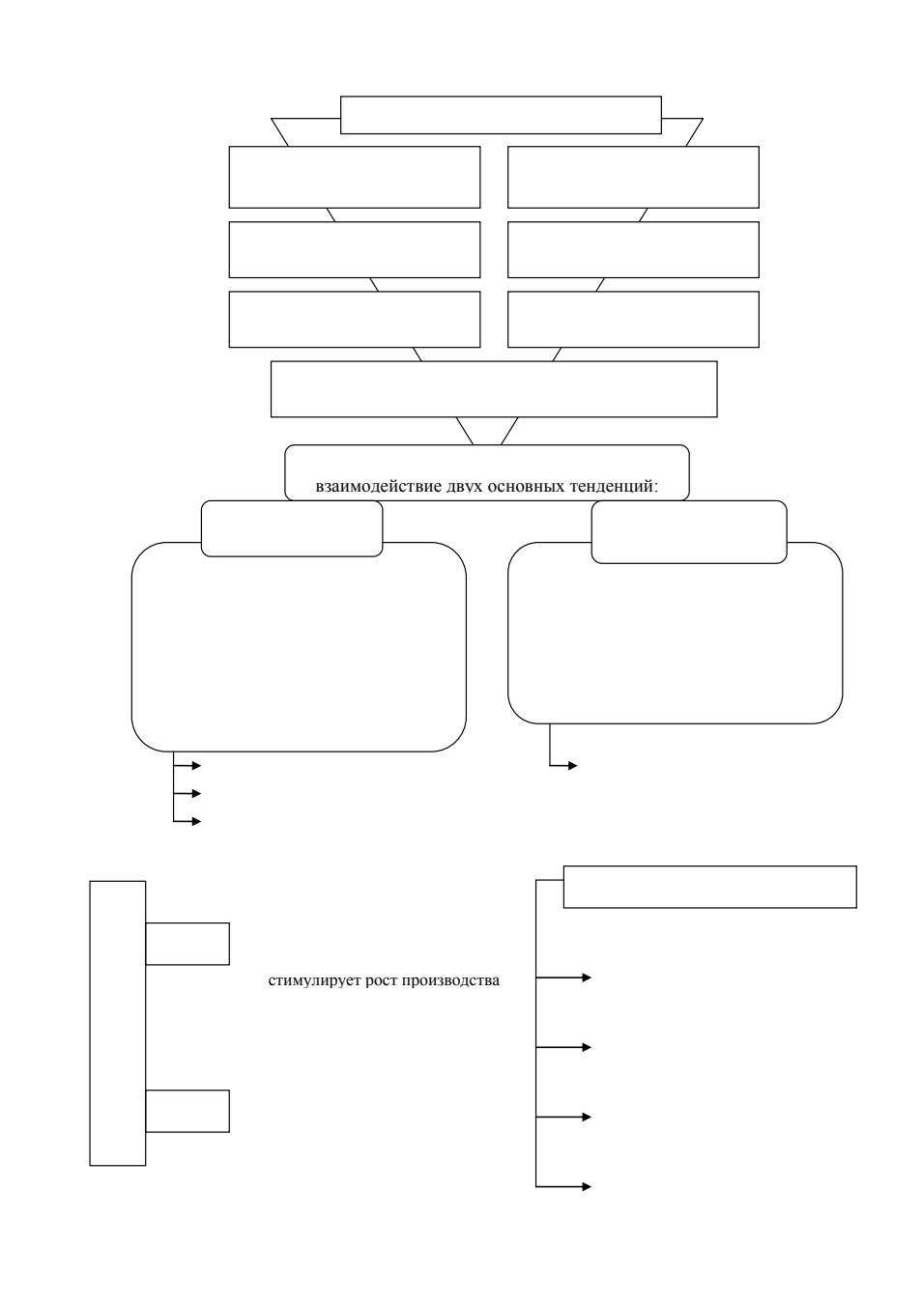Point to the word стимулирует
[315, 981]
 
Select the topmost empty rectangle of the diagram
[501, 115]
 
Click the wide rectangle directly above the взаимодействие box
[494, 389]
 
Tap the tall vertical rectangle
[118, 1024]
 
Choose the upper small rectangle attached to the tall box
[187, 944]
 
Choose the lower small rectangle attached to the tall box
[187, 1111]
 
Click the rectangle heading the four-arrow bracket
[710, 887]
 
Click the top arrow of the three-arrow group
[187, 766]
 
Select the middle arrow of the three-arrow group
[187, 793]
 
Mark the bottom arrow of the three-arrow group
[187, 821]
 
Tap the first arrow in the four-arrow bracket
[563, 978]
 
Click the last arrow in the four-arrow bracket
[563, 1187]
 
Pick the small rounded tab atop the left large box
[292, 528]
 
